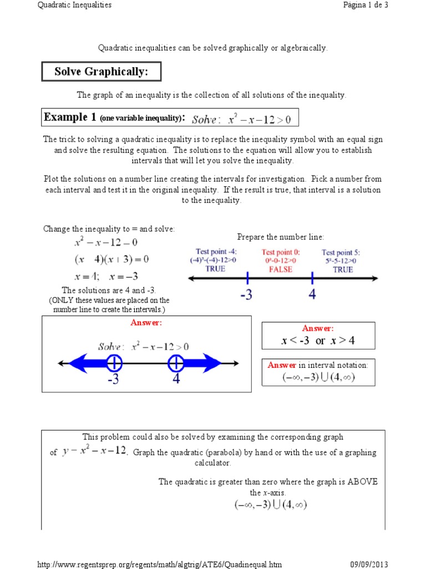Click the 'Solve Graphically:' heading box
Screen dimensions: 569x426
tap(101, 72)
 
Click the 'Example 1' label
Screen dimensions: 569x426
tap(66, 117)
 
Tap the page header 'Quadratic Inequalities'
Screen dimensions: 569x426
tap(74, 5)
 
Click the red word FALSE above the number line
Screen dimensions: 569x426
tap(280, 269)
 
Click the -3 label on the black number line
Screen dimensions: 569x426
tap(246, 295)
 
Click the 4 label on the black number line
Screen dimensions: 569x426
tap(312, 295)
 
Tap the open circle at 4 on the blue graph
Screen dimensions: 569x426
tap(176, 363)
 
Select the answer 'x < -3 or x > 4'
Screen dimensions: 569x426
tap(318, 341)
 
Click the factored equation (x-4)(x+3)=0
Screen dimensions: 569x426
tap(111, 259)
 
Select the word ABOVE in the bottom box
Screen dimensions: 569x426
tap(362, 482)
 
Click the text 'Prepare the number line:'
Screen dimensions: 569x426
tap(280, 237)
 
